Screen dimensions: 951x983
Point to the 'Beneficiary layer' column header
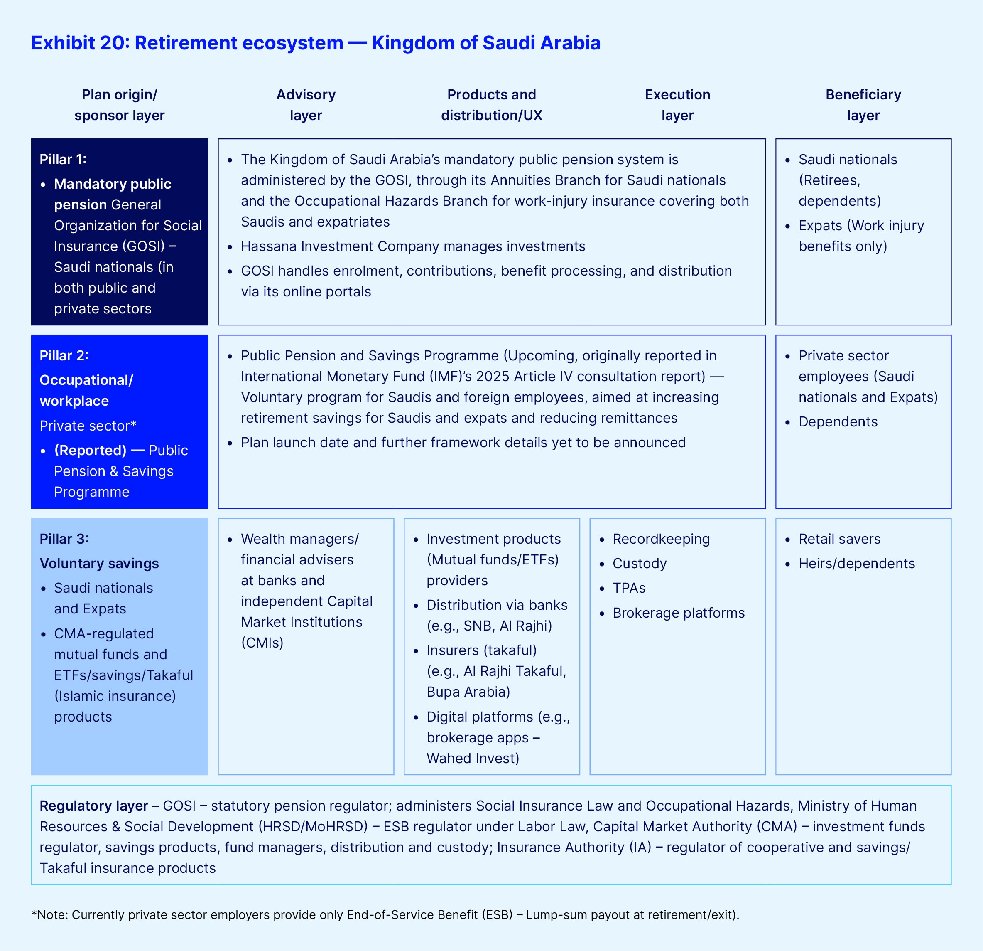pos(863,105)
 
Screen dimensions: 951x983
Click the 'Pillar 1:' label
pos(63,160)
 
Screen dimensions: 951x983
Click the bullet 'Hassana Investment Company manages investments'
pos(413,246)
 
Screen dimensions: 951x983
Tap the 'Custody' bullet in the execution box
pos(640,564)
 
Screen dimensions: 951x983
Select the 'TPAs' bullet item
pos(629,588)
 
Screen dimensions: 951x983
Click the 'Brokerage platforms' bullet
pos(678,613)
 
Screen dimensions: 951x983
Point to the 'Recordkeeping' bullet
pos(661,539)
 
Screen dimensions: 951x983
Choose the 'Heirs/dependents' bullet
pos(857,564)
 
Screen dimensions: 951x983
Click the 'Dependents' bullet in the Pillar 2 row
pos(838,422)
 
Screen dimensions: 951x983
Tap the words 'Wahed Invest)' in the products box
pos(473,758)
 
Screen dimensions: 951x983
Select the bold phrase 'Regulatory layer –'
pos(99,806)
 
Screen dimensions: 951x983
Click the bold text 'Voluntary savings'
pos(99,564)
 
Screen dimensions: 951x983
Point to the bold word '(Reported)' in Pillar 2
pos(90,451)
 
